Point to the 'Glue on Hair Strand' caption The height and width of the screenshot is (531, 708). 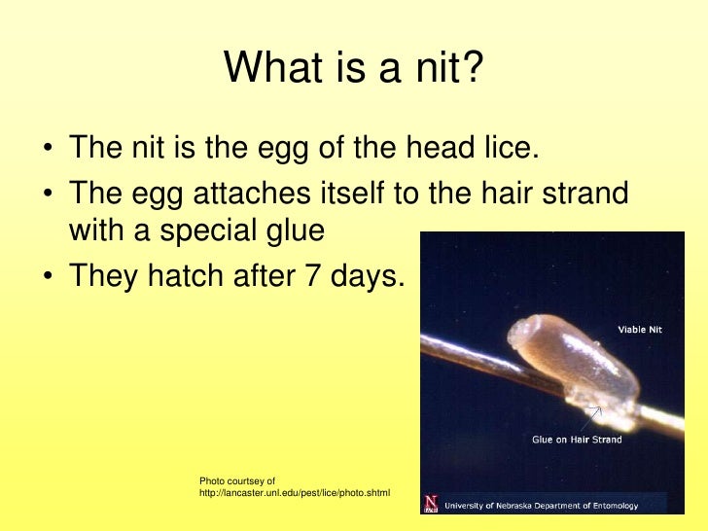pos(576,440)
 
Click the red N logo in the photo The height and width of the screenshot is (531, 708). pos(431,503)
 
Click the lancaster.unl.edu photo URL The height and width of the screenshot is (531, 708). pos(294,493)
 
